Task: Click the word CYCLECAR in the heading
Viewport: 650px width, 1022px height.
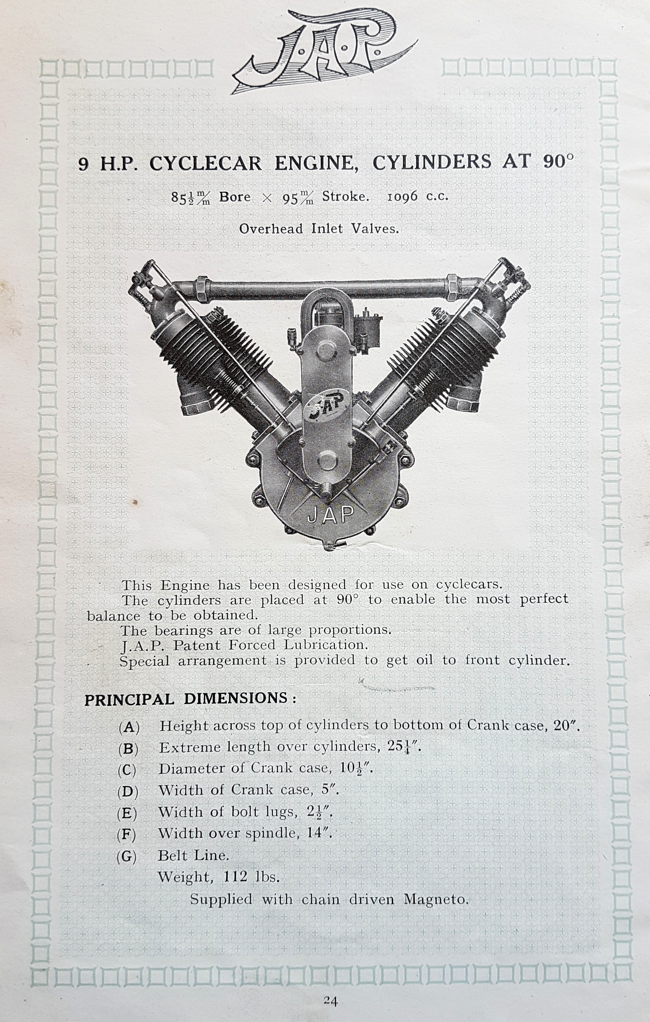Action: point(206,163)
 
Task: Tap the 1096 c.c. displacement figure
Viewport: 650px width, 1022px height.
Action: point(418,197)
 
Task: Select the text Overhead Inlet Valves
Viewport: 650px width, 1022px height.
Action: point(319,229)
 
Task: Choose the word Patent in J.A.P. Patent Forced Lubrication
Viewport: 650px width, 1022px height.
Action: point(195,646)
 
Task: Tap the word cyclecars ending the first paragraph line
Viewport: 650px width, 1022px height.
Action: point(469,585)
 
